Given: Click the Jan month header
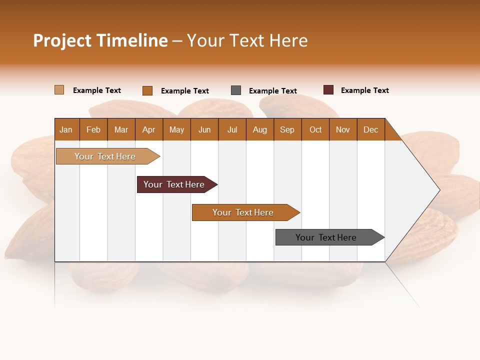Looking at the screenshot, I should pos(66,129).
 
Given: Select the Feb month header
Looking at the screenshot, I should pos(93,129).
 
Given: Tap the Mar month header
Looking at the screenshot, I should pos(121,129).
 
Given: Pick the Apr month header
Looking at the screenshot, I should pos(149,129).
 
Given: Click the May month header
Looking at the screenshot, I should pos(176,129).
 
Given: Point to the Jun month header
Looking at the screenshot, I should pos(204,129).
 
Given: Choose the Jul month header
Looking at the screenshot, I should pos(232,129).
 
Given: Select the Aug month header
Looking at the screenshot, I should pos(260,129).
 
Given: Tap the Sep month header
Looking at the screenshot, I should pos(287,129).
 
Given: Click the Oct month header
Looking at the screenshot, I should pos(315,129).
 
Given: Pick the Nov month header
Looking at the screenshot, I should pos(343,129).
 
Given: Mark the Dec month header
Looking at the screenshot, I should pos(371,129).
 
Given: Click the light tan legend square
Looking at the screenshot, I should pos(59,90).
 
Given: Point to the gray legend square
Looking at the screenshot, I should pos(236,90).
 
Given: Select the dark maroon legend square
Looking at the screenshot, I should pos(328,90).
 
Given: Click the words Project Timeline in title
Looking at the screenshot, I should pos(100,40).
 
